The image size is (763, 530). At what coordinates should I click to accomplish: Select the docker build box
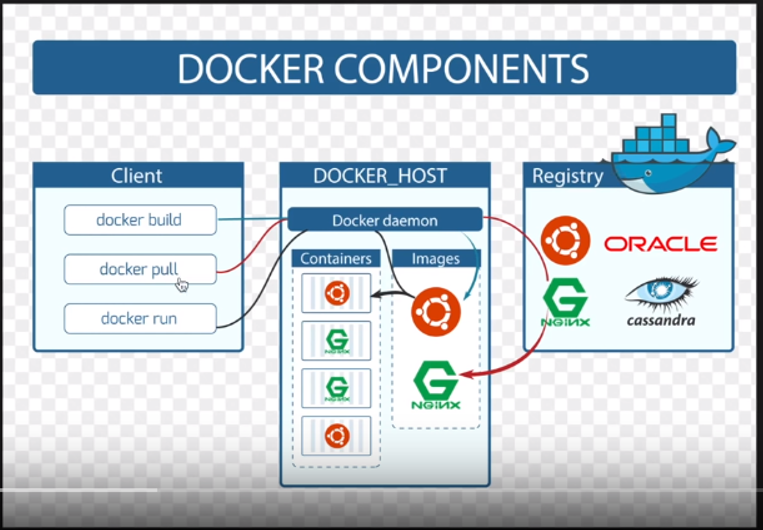[x=139, y=219]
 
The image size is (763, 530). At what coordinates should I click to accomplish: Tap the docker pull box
[x=139, y=269]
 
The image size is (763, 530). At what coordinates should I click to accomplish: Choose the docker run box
[x=139, y=319]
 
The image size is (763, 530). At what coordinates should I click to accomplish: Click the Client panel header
[x=137, y=176]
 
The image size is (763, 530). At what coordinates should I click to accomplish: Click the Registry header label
[x=567, y=176]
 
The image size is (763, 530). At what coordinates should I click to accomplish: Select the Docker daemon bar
[x=385, y=220]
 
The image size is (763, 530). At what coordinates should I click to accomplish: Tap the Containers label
[x=336, y=259]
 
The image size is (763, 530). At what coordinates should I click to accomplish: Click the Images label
[x=435, y=259]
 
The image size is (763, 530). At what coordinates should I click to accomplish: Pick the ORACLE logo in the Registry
[x=660, y=244]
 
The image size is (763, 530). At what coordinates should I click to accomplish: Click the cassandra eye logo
[x=660, y=300]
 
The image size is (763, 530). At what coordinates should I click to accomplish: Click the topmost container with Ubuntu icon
[x=336, y=293]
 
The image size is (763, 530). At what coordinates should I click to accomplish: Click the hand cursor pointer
[x=182, y=285]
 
